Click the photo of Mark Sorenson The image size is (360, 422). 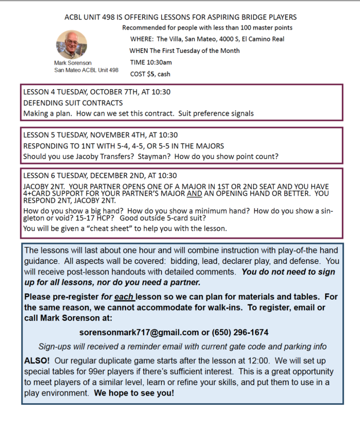(72, 44)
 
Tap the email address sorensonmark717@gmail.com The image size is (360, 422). (139, 332)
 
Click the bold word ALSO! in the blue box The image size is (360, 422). (36, 360)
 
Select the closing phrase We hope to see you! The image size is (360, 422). (134, 393)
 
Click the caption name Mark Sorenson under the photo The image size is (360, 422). (73, 63)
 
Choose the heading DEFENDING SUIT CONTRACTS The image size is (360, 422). (73, 103)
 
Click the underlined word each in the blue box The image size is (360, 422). (124, 297)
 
